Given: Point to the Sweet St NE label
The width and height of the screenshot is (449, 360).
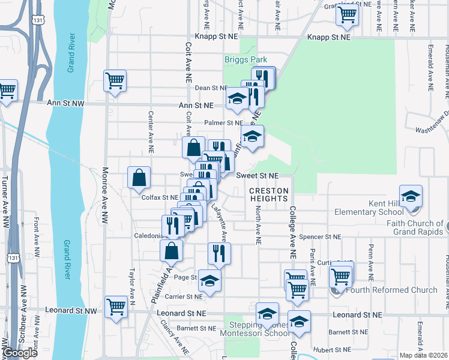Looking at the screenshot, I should (x=257, y=176).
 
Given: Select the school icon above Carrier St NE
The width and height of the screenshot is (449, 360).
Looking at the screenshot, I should (x=209, y=280).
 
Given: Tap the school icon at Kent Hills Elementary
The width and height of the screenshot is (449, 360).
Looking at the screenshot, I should (x=411, y=196).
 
